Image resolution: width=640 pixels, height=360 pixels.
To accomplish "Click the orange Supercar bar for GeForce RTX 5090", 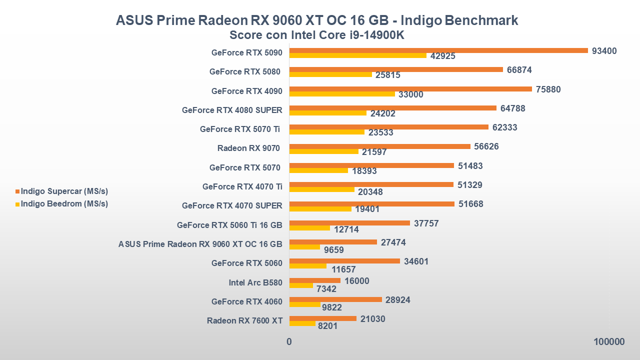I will pos(438,50).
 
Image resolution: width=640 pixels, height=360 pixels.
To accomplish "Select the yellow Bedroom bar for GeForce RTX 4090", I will pos(342,94).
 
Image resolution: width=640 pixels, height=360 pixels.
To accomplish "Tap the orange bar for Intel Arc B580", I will pos(314,280).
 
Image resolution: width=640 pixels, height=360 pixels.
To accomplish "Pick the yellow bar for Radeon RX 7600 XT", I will pos(302,323).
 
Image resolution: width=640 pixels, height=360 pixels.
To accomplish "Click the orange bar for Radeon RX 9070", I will pos(379,146).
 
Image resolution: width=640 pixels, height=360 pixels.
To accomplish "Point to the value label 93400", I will pos(604,51).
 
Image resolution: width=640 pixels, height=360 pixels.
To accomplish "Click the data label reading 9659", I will pos(333,249).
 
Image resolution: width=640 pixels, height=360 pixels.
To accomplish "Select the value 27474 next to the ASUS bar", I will pos(393,242).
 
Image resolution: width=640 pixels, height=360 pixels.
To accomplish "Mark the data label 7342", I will pos(326,288).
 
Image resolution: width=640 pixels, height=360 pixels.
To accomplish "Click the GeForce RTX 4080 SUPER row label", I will pos(232,110).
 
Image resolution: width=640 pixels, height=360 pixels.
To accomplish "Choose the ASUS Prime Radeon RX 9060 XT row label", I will pos(200,244).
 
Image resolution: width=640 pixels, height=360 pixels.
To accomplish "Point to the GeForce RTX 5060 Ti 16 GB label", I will pos(229,225).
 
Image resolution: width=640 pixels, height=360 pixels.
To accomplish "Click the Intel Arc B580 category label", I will pos(255,282).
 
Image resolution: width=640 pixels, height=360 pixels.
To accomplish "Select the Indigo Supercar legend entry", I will pos(64,191).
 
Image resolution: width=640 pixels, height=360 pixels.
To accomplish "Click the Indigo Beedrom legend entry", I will pos(64,203).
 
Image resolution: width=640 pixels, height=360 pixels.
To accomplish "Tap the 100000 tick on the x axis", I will pos(609,342).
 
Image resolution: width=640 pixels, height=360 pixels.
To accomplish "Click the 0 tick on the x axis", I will pos(289,342).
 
